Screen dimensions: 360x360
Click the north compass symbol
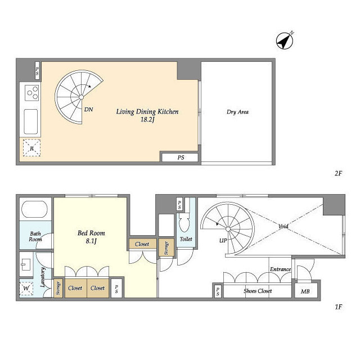pyautogui.click(x=284, y=41)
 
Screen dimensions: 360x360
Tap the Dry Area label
pyautogui.click(x=237, y=112)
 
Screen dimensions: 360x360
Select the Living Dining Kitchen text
pyautogui.click(x=147, y=112)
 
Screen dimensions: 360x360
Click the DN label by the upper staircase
pyautogui.click(x=89, y=110)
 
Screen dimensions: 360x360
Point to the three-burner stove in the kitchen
pyautogui.click(x=31, y=93)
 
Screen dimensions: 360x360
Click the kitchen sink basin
pyautogui.click(x=31, y=121)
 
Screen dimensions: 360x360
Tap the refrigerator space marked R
pyautogui.click(x=31, y=148)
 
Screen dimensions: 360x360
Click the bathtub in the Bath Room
pyautogui.click(x=34, y=209)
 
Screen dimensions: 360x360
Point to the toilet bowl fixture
pyautogui.click(x=184, y=222)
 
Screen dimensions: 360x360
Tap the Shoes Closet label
pyautogui.click(x=258, y=291)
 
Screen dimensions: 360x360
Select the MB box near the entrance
pyautogui.click(x=305, y=291)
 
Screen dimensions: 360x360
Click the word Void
pyautogui.click(x=283, y=226)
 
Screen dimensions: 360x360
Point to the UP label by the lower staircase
pyautogui.click(x=223, y=241)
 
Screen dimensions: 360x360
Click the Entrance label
pyautogui.click(x=280, y=269)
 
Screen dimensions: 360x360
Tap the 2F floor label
pyautogui.click(x=339, y=173)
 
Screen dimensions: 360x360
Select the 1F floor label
pyautogui.click(x=339, y=307)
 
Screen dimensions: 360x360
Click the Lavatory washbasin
pyautogui.click(x=26, y=265)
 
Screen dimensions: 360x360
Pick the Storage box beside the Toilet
pyautogui.click(x=166, y=248)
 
